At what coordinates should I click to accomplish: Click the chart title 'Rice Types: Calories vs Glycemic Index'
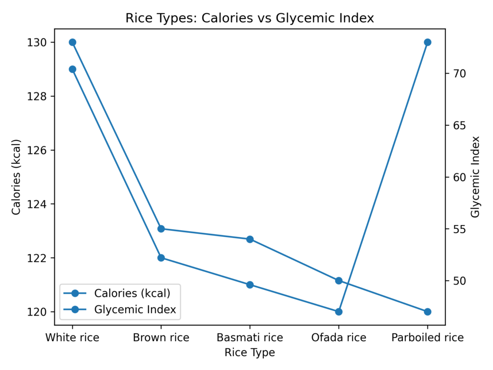[x=249, y=18]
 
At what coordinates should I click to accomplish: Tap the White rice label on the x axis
[x=72, y=338]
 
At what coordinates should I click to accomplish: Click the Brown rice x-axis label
[x=161, y=338]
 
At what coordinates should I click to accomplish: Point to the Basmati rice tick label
[x=250, y=338]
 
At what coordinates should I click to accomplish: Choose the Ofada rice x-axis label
[x=338, y=338]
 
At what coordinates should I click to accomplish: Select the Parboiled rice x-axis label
[x=427, y=338]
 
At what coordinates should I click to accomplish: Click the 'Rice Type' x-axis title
[x=249, y=353]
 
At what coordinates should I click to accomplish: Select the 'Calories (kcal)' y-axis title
[x=16, y=177]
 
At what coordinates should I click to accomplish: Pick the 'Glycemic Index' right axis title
[x=476, y=177]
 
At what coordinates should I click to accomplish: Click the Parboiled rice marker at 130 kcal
[x=427, y=42]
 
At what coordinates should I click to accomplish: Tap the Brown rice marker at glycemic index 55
[x=161, y=229]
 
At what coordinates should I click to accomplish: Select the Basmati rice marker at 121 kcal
[x=250, y=285]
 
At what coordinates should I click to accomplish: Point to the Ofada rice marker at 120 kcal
[x=338, y=312]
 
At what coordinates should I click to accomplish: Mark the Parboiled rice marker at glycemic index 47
[x=427, y=312]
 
